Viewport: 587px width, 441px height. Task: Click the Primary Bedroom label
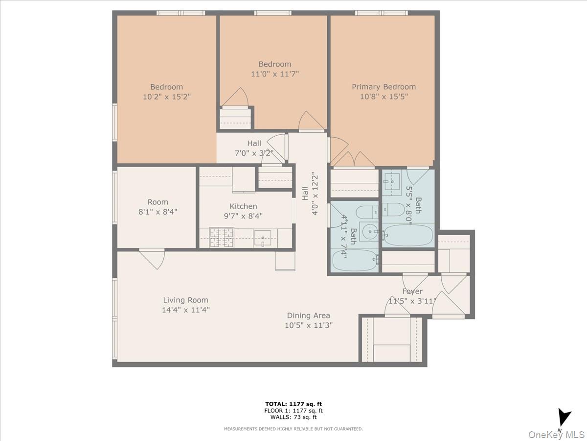click(384, 87)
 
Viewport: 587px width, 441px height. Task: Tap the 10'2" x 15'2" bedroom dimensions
click(166, 97)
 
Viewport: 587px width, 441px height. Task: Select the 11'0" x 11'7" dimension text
click(274, 74)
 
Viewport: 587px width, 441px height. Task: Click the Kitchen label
click(243, 206)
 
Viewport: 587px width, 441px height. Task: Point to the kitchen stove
click(221, 238)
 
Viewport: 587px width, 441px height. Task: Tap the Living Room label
click(185, 300)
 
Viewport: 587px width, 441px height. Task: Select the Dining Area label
click(308, 316)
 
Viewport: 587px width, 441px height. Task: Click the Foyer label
click(412, 291)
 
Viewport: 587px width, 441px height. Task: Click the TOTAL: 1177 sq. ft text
click(293, 404)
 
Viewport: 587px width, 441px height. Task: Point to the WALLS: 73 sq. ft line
click(293, 417)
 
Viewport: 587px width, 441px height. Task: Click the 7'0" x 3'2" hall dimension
click(253, 153)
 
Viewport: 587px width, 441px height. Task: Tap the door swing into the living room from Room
click(153, 258)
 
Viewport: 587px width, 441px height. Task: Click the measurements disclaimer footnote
click(293, 429)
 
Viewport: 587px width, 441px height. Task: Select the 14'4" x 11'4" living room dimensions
click(185, 309)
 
